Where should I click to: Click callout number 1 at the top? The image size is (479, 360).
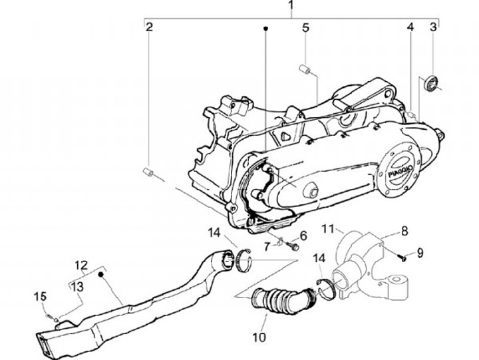click(291, 7)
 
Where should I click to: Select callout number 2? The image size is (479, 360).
click(150, 27)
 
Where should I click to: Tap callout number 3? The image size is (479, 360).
click(433, 27)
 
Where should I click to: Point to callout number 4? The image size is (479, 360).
click(410, 27)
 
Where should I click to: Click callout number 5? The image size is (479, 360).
click(305, 27)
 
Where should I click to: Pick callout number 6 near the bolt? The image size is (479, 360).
click(303, 235)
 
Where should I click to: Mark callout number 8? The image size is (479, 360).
click(404, 232)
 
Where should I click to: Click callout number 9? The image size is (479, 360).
click(420, 252)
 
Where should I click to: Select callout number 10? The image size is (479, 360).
click(259, 337)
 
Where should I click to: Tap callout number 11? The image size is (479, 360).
click(328, 230)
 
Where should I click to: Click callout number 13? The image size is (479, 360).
click(78, 285)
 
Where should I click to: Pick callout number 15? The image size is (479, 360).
click(39, 295)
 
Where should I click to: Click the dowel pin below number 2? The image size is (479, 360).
click(148, 173)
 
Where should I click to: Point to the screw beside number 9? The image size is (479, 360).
click(401, 258)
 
